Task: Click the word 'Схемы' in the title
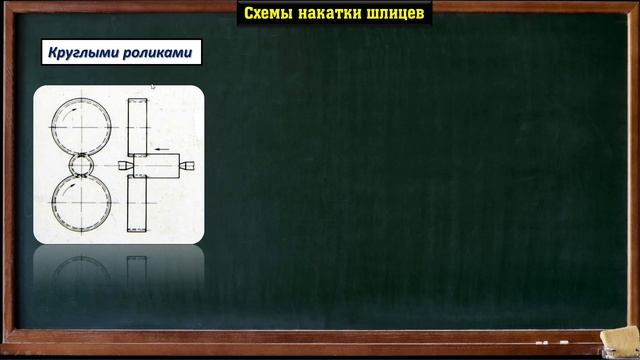267,14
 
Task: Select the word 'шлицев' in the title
396,14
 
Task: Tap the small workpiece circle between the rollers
81,165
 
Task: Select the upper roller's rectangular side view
137,125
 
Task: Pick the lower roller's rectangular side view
137,204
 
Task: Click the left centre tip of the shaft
121,164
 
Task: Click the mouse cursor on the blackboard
153,87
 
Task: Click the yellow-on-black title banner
335,14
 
